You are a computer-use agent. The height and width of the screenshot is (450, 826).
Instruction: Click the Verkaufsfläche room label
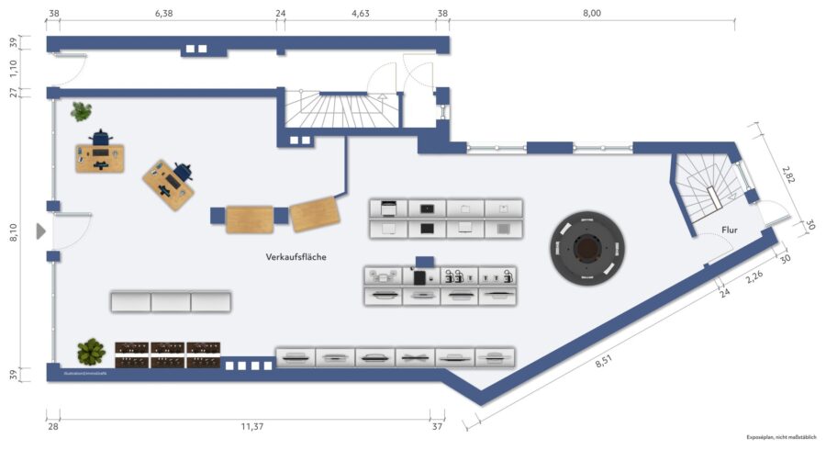point(296,257)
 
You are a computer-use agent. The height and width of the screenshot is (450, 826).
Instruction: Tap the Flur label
point(730,231)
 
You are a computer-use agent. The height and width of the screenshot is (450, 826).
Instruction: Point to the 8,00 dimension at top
point(592,13)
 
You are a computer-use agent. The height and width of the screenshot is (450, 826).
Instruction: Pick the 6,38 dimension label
point(164,13)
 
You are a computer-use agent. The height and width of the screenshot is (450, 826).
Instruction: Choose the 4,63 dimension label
point(361,13)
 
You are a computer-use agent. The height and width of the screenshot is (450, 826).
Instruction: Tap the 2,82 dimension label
point(787,175)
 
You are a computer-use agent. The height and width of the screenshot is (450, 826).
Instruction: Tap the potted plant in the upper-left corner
point(82,112)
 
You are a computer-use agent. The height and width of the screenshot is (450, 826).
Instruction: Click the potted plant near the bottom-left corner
point(91,351)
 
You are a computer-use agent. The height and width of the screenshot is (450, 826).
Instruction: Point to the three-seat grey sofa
point(171,301)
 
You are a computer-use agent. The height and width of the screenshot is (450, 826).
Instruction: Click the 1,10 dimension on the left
point(13,67)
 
